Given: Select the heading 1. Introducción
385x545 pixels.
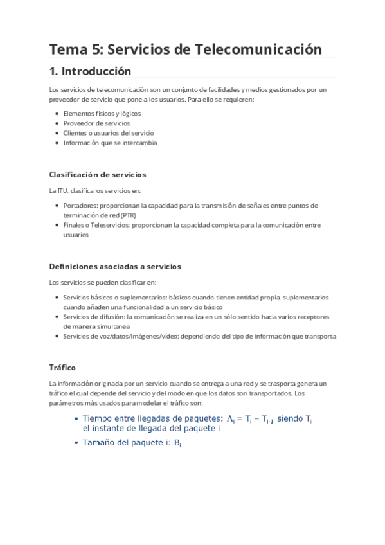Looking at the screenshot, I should click(x=90, y=71).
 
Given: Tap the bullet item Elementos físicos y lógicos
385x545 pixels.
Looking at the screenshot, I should click(x=102, y=113).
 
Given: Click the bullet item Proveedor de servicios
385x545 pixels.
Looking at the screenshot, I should click(x=96, y=123).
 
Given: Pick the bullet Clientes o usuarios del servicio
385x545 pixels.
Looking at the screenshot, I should click(x=108, y=133).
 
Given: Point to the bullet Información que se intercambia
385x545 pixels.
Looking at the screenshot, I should click(x=110, y=143).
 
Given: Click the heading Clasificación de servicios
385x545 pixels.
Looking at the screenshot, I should click(x=98, y=174).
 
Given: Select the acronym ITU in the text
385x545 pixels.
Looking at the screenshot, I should click(x=62, y=190).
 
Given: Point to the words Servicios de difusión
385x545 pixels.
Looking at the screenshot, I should click(x=94, y=317).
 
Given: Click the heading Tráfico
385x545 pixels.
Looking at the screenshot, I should click(x=62, y=367).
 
